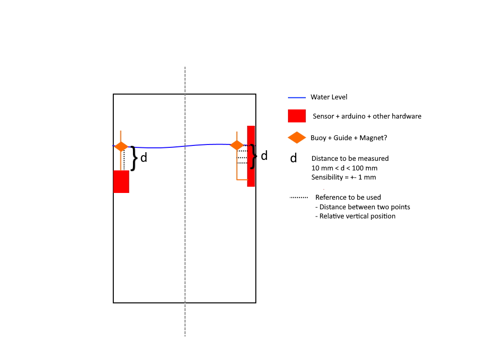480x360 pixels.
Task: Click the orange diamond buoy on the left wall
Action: point(121,146)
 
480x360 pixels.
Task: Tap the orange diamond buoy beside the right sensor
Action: point(237,145)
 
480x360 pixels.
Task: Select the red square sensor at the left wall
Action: point(121,181)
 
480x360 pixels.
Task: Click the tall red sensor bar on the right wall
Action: point(251,156)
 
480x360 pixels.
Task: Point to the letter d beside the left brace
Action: point(144,157)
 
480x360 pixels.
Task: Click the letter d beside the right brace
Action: point(264,156)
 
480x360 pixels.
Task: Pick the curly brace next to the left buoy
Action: point(134,158)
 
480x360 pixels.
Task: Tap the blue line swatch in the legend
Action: point(297,97)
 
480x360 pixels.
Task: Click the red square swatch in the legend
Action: point(297,116)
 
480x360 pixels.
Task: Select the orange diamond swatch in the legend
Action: point(297,138)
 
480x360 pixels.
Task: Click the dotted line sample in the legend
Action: point(299,197)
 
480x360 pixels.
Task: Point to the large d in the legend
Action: point(293,158)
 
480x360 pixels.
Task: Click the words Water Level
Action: point(329,97)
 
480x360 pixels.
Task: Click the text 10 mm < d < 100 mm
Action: point(344,168)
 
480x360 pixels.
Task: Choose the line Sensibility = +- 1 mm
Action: point(344,177)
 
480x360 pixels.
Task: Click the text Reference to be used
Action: point(348,197)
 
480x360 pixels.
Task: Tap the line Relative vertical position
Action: point(355,216)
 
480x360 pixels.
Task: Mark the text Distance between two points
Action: point(362,207)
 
